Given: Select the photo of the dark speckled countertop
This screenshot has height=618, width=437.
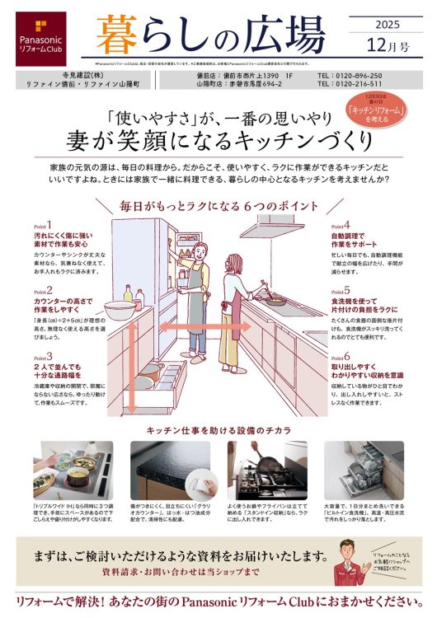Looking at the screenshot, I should click(170, 469).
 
